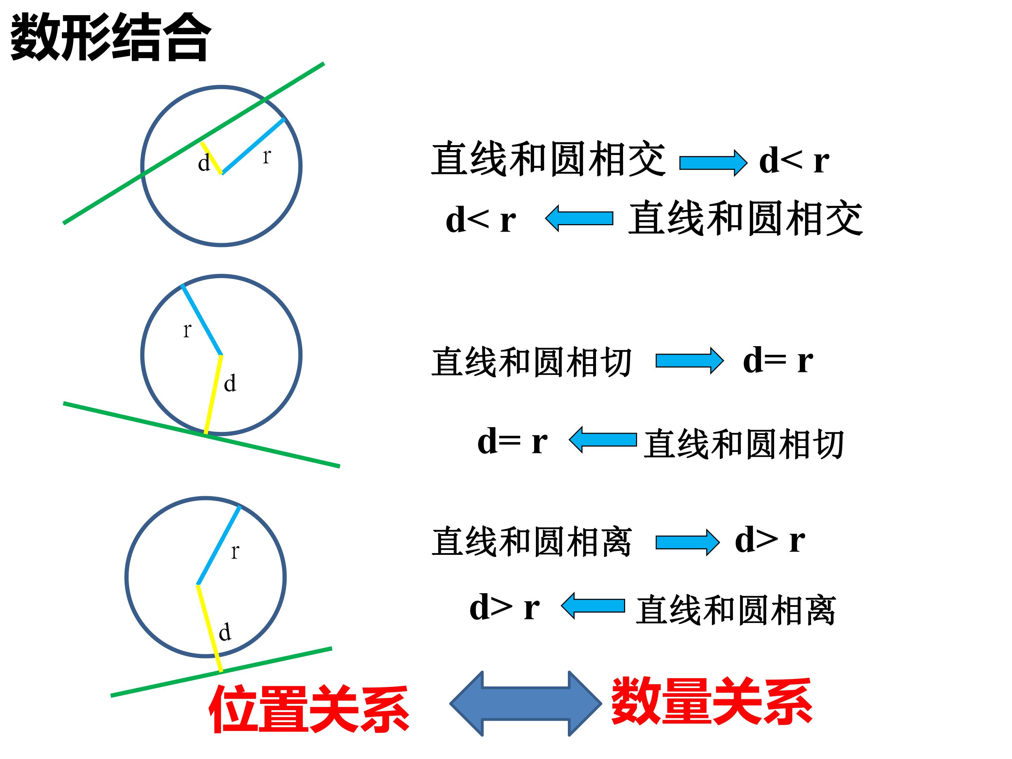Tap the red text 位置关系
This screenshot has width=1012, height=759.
coord(309,709)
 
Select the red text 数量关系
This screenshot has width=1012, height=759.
coord(712,701)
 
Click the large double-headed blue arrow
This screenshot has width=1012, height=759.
coord(526,703)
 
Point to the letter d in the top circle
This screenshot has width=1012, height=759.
coord(204,162)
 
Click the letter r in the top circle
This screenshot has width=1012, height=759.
coord(267,156)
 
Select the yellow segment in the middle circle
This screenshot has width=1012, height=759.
coord(213,394)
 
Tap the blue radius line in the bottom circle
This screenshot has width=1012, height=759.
coord(219,545)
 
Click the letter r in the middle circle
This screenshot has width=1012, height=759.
coord(187,330)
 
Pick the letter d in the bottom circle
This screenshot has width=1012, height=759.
coord(225,632)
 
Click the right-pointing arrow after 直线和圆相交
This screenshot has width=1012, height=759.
coord(713,162)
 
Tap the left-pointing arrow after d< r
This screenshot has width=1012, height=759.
coord(579,218)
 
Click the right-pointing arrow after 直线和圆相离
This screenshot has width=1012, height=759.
coord(688,543)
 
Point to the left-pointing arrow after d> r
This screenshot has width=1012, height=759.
coord(593,606)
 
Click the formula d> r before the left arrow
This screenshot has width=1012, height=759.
coord(505,608)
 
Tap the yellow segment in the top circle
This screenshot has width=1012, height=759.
coord(212,158)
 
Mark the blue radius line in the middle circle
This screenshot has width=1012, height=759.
coord(202,320)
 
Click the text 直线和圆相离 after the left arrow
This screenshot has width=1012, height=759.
coord(736,610)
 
